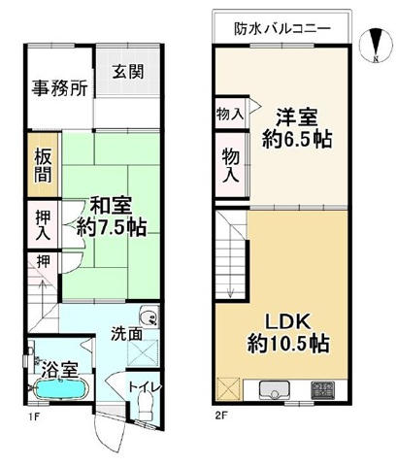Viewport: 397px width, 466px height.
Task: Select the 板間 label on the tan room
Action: point(43,167)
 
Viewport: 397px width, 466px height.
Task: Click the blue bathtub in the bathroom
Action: point(59,391)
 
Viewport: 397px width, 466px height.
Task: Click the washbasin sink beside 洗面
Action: point(148,316)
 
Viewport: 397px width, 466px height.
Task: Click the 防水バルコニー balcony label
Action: point(281,28)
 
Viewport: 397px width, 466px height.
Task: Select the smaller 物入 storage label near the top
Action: point(229,113)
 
